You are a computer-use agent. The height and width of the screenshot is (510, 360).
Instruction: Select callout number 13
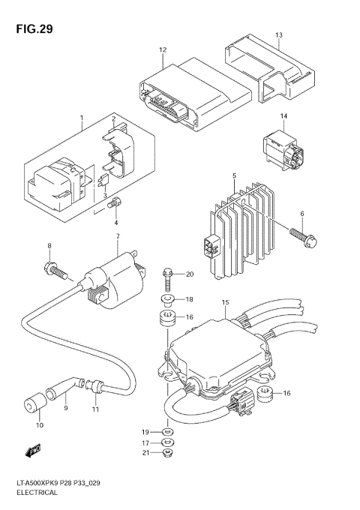(x=278, y=36)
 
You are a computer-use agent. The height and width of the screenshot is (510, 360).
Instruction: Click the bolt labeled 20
(x=168, y=277)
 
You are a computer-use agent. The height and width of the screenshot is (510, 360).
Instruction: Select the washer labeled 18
(x=168, y=299)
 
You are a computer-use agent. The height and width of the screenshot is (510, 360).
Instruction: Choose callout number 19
(x=146, y=433)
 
